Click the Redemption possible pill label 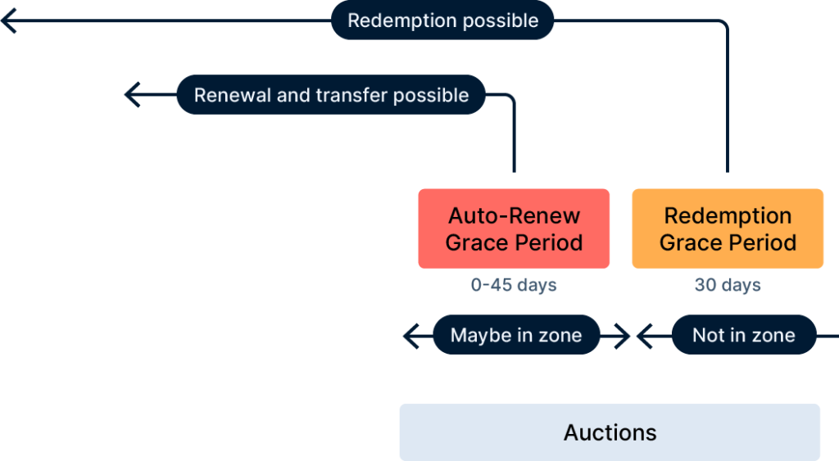(442, 20)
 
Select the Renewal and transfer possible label (331, 95)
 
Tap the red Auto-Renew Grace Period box (514, 228)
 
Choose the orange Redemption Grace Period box (728, 228)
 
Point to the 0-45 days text (514, 285)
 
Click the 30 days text (728, 285)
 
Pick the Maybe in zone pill (516, 335)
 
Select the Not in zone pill (744, 335)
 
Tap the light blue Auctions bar (610, 432)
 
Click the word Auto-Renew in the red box (514, 215)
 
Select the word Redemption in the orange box (728, 215)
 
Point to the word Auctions (610, 432)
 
